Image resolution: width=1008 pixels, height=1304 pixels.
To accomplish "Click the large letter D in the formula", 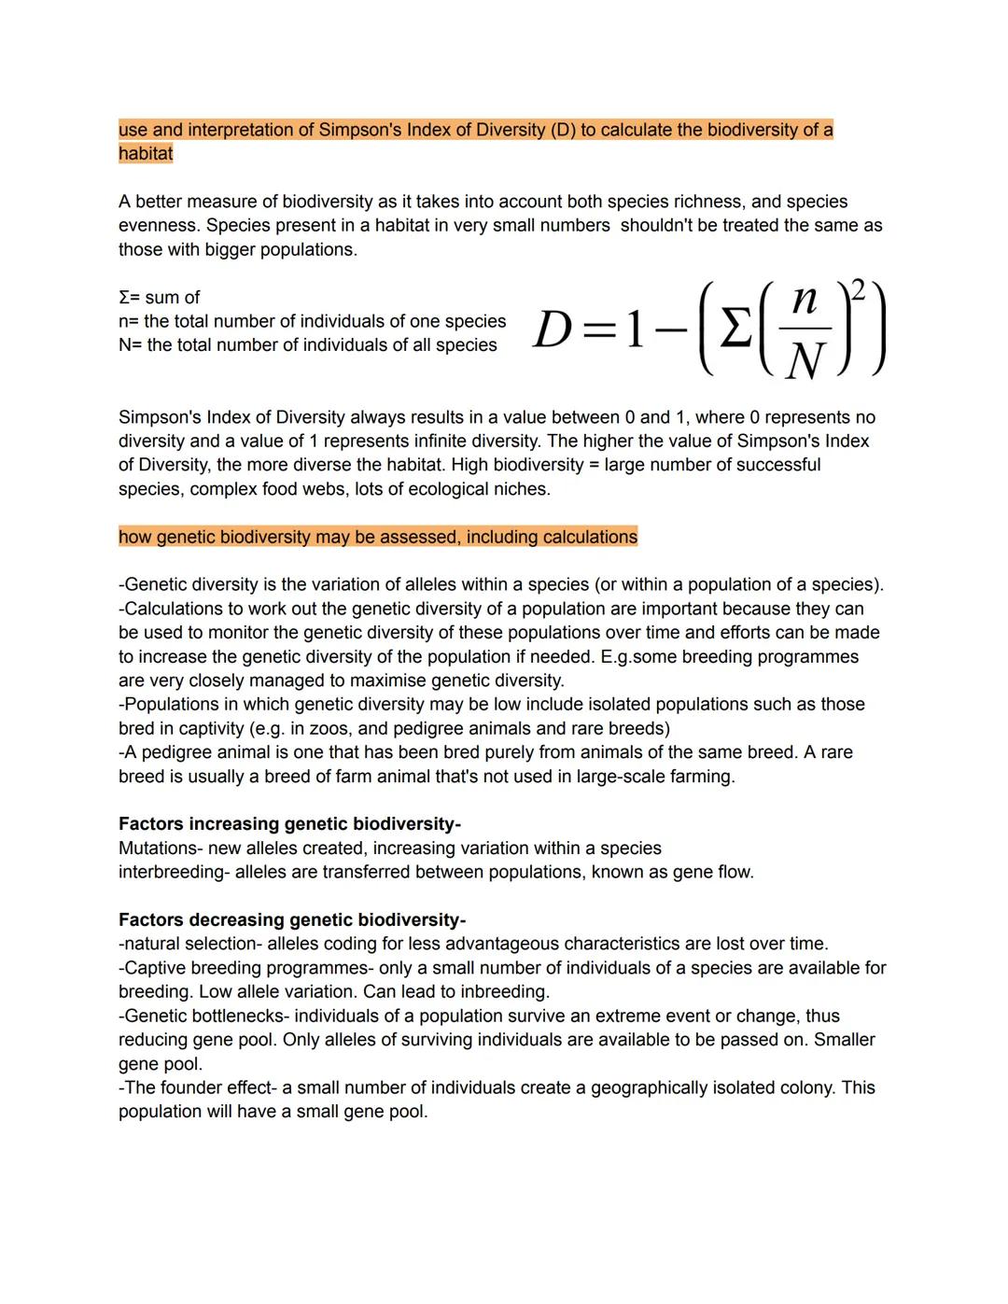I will tap(553, 330).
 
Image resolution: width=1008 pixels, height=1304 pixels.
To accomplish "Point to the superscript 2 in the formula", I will tap(857, 290).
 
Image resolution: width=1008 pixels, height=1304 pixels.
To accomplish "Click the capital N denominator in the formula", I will tap(805, 360).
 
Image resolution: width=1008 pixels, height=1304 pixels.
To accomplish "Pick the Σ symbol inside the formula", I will tap(736, 330).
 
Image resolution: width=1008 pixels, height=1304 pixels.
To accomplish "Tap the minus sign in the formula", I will tap(670, 330).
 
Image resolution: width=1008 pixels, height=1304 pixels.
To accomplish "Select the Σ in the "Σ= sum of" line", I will tap(124, 298).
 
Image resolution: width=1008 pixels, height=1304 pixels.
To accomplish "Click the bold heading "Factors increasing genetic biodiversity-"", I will tap(289, 824).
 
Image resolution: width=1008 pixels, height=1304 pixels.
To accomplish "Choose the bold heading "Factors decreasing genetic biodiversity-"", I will tap(292, 920).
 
